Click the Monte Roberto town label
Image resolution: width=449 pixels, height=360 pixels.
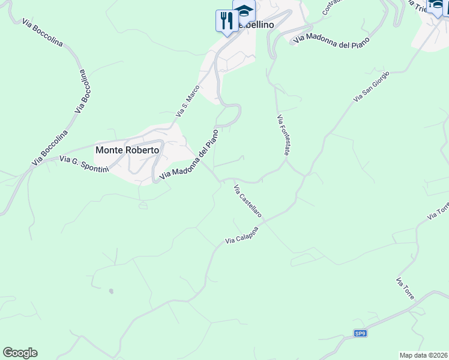127,150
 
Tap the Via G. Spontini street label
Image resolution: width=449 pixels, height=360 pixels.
84,163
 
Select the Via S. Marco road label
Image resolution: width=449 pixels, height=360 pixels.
187,101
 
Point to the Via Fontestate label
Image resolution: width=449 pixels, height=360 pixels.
283,136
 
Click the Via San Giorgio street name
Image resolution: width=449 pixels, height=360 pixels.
372,86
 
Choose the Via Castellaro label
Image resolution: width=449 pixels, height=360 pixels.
247,200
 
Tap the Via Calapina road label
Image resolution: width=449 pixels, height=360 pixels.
246,235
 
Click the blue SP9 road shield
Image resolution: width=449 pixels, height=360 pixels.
360,334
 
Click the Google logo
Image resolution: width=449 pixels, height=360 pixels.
20,353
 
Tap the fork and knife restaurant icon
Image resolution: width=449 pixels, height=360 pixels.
226,21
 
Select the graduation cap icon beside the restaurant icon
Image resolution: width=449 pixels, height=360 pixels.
244,12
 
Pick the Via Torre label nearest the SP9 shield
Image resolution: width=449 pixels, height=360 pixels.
405,289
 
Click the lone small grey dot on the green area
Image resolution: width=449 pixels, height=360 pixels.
110,292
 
